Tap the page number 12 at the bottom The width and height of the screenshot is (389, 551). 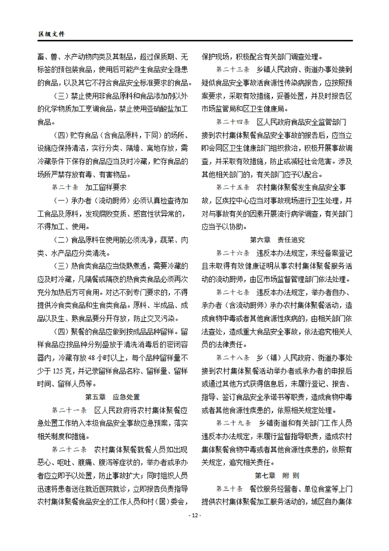[194, 515]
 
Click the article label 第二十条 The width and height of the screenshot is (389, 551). [65, 187]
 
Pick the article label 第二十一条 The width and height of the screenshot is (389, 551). [69, 409]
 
